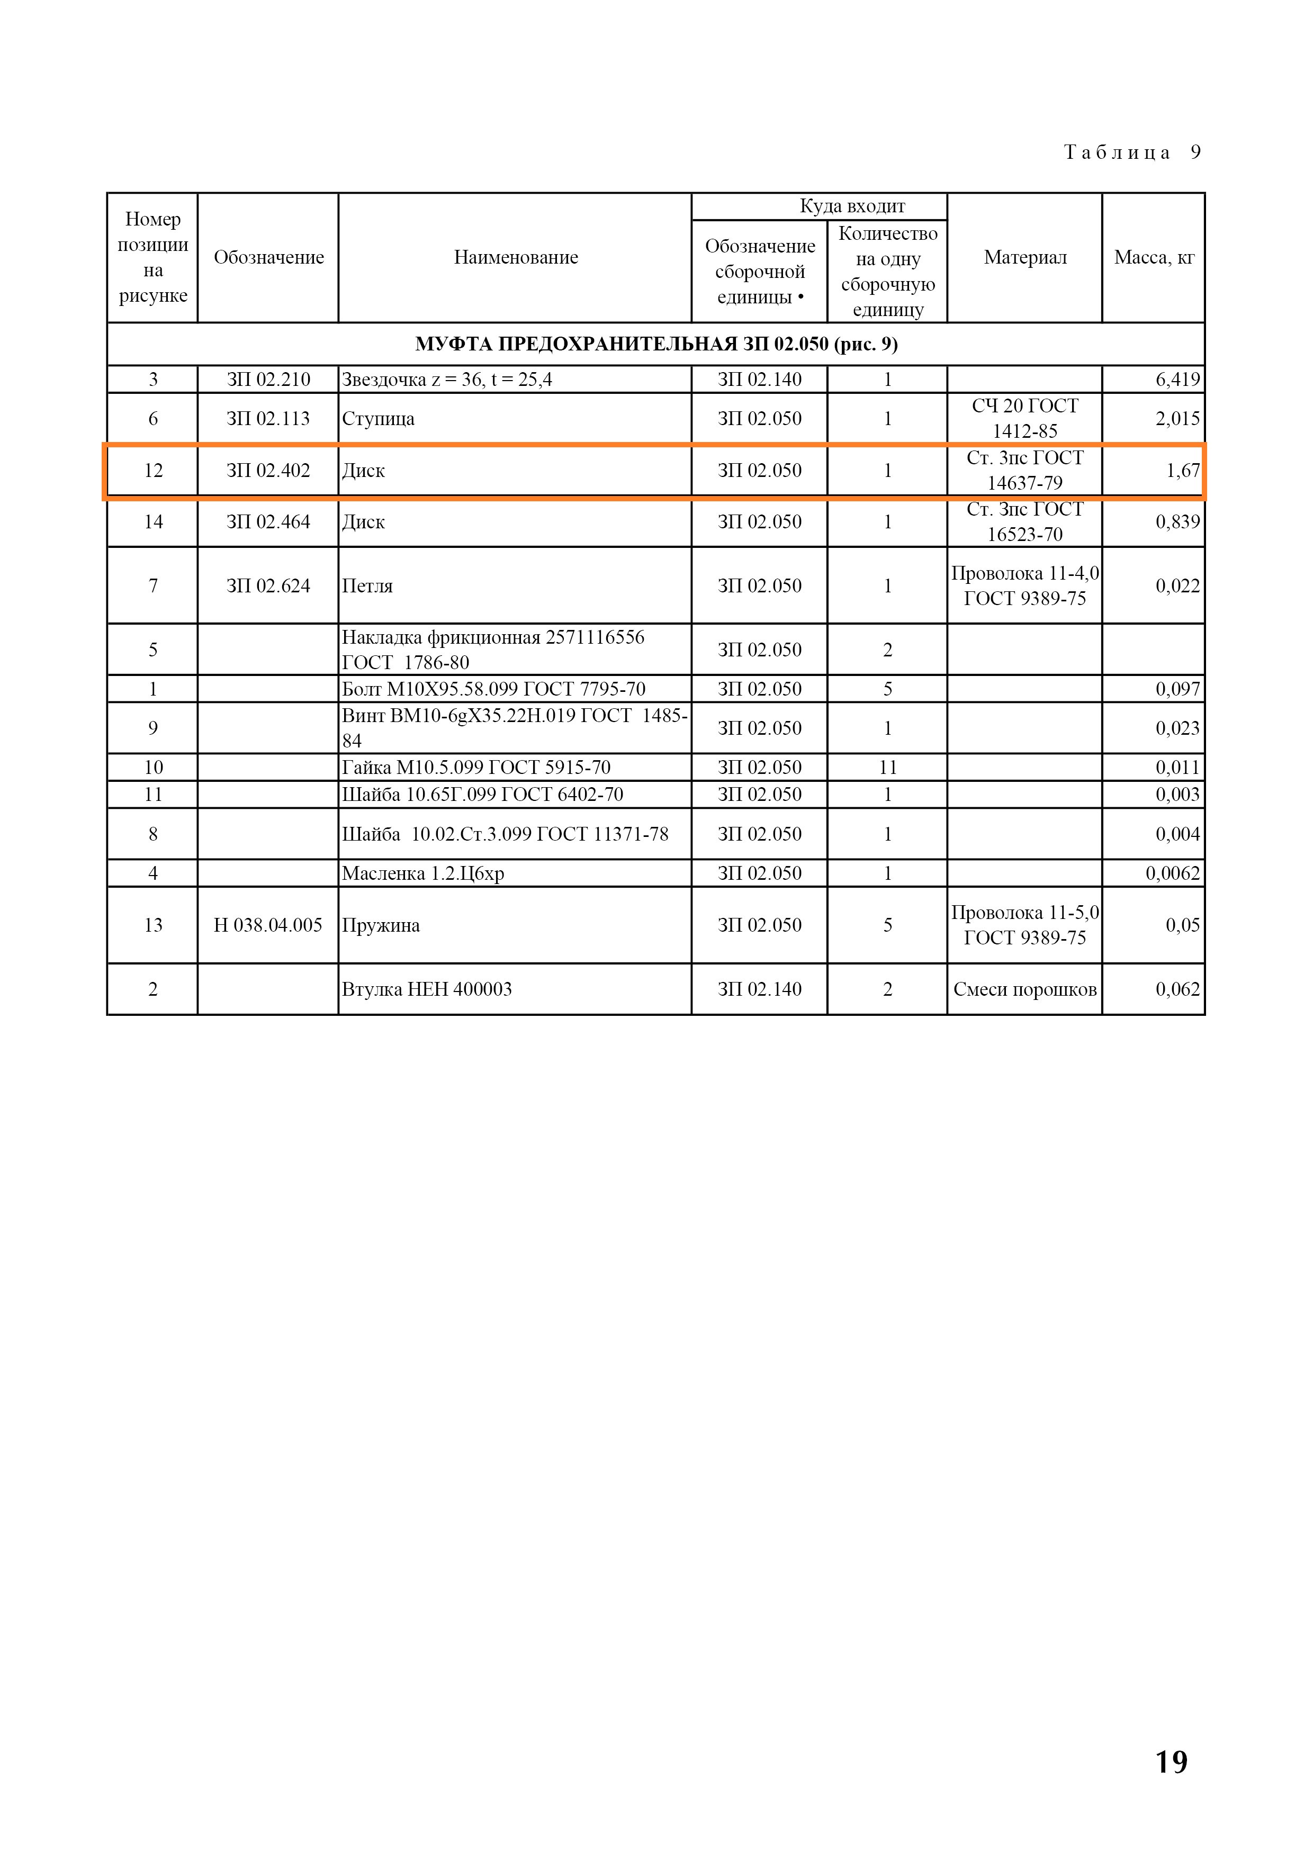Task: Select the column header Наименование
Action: tap(515, 257)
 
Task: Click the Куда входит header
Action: tap(852, 206)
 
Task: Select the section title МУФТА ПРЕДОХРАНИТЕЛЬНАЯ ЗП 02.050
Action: tap(655, 345)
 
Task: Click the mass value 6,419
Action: tap(1177, 380)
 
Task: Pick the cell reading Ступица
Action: tap(378, 419)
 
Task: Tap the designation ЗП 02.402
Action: tap(268, 471)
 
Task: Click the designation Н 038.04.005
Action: tap(268, 925)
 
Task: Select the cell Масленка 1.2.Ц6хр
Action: tap(422, 873)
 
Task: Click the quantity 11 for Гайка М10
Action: tap(887, 768)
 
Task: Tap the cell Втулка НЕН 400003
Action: tap(426, 989)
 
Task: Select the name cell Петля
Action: tap(367, 585)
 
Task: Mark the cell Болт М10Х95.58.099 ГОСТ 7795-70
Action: tap(493, 689)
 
